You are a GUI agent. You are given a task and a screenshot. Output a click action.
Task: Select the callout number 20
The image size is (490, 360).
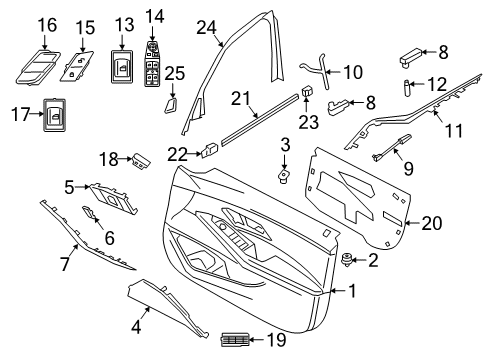click(x=431, y=222)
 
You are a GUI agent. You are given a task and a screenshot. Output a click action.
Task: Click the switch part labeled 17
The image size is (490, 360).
click(x=54, y=115)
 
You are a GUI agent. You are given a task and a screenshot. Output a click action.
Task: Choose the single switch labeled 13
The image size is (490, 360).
click(x=123, y=68)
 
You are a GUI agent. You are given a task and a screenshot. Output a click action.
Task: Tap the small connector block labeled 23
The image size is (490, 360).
click(x=305, y=99)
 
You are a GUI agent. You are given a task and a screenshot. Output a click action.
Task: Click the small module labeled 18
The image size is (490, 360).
click(x=142, y=158)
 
